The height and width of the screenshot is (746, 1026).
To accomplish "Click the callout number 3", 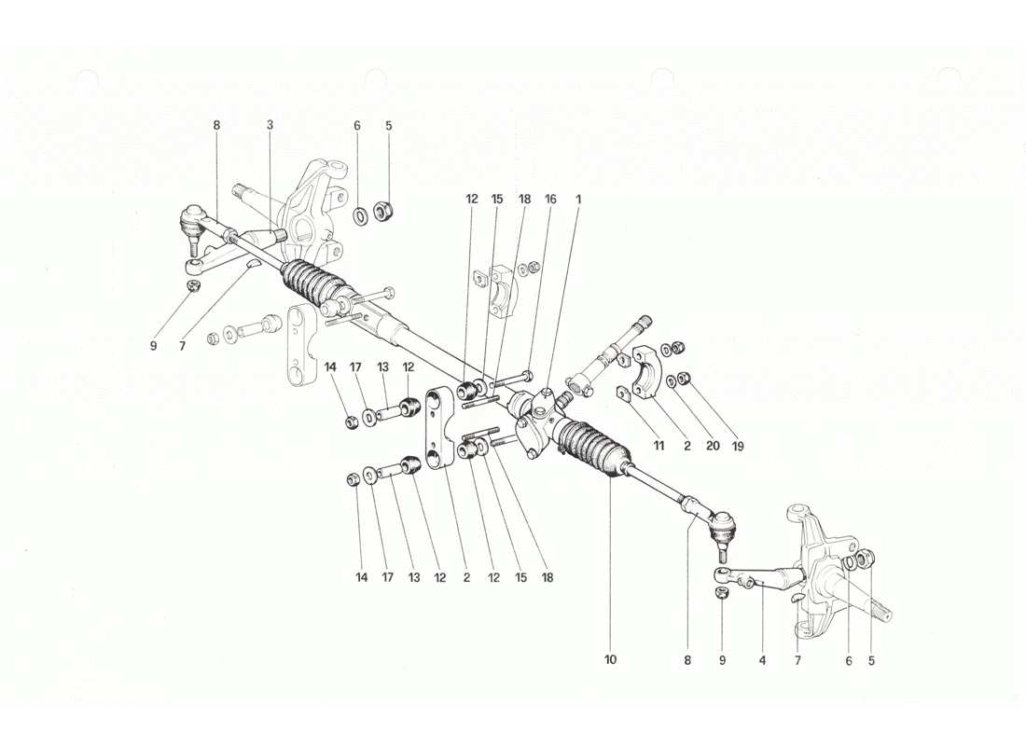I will point(270,124).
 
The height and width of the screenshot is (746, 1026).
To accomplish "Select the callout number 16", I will point(550,200).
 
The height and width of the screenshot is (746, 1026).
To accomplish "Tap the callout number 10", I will point(610,659).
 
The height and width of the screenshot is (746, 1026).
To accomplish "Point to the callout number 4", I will point(762,659).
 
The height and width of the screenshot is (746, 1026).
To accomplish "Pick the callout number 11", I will point(659,447).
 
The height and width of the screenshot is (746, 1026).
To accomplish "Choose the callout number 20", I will point(713,447).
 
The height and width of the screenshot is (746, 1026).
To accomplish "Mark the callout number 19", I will point(739,447).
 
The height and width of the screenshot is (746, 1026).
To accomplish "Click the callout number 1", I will point(578,200).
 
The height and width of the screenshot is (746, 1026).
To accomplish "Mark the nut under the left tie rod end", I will point(194,285).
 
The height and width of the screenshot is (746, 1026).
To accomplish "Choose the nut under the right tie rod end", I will point(723,593).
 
